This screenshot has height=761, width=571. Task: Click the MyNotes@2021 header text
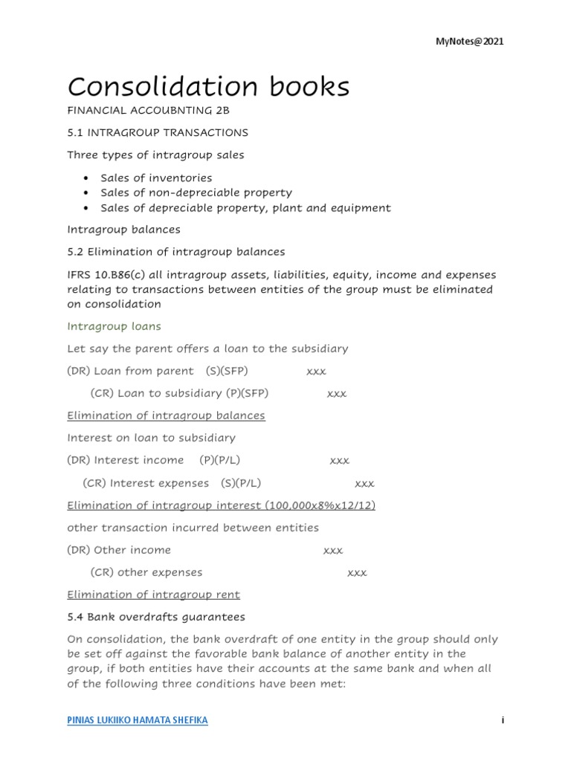[469, 42]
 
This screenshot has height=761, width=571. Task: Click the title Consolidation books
[208, 87]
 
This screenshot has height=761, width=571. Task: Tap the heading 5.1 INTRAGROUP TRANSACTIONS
[158, 132]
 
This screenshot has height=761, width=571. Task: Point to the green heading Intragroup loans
[114, 326]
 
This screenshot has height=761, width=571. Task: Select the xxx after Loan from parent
[316, 371]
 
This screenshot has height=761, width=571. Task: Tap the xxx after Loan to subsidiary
[337, 393]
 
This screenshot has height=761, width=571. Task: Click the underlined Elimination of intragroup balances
[166, 415]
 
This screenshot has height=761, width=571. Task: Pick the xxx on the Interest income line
[339, 461]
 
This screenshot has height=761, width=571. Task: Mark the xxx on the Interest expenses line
[364, 483]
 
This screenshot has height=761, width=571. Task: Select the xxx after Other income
[333, 550]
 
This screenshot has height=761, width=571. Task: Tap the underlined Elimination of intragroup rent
[153, 595]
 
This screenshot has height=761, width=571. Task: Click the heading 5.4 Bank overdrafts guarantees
[155, 617]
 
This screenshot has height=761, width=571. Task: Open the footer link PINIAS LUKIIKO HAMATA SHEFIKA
[138, 721]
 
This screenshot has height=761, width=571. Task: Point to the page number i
[503, 721]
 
